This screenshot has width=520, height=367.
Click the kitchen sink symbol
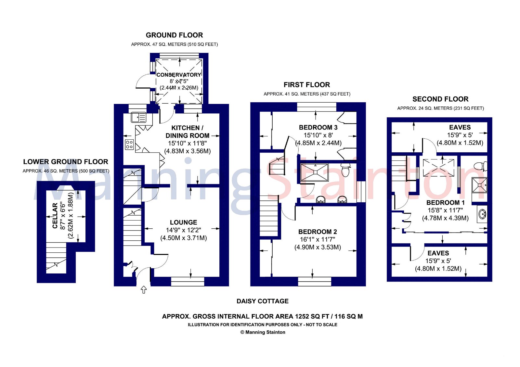138,117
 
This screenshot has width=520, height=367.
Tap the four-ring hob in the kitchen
129,144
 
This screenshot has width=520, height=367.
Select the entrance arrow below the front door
144,289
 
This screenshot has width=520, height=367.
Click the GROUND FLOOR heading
174,35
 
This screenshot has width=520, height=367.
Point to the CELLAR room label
55,216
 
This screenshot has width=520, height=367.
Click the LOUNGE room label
183,222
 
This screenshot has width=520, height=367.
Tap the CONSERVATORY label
179,75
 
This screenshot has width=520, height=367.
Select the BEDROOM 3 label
318,127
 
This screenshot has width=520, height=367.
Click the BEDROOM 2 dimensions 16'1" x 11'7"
317,239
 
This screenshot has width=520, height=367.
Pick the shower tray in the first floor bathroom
314,172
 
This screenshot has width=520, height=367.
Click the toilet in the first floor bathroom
345,169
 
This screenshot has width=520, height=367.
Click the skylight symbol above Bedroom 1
438,167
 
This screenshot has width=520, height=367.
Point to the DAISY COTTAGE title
262,301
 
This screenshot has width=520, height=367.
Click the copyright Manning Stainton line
263,332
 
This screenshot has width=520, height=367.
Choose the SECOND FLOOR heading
440,99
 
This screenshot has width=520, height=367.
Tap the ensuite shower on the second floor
479,185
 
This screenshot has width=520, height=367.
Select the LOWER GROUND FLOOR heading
66,162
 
